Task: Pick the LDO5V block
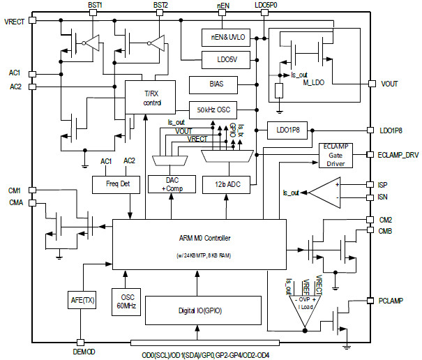pos(220,59)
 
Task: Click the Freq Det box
pos(116,184)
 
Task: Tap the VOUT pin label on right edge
pos(390,84)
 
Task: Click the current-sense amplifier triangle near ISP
pos(324,191)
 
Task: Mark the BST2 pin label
pos(160,5)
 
